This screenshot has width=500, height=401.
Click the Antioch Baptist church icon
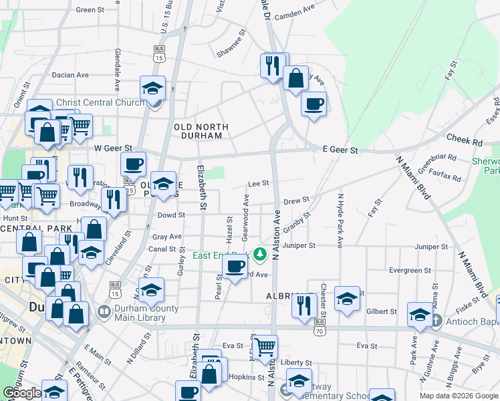(x=436, y=319)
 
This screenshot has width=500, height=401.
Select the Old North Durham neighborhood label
(x=201, y=130)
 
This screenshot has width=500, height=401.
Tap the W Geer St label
(x=113, y=148)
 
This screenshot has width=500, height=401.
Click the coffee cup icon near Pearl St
(x=235, y=267)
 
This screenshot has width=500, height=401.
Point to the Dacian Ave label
(x=70, y=75)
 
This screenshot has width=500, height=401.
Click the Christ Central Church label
(x=100, y=102)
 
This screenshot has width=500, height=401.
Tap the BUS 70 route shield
(x=320, y=325)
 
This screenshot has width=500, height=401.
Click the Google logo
(x=22, y=394)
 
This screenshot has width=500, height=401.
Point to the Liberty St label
(x=296, y=363)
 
